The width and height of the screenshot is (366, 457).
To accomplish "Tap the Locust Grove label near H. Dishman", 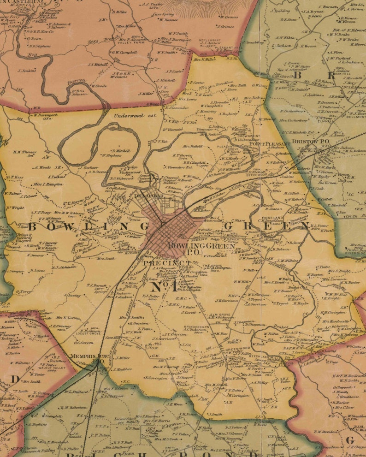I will (89, 334).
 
